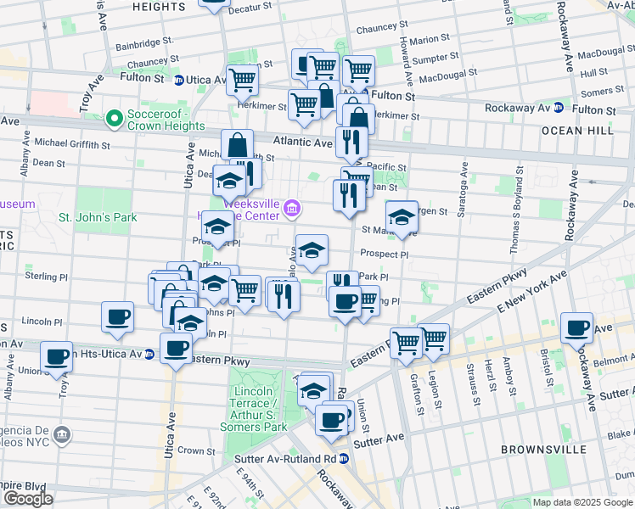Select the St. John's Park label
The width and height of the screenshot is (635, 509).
coord(98,218)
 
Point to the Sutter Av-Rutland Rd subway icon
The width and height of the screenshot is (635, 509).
coord(344,458)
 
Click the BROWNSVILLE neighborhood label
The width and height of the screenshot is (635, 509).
coord(555,449)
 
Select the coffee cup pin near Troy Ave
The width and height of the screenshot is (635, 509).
coord(57,356)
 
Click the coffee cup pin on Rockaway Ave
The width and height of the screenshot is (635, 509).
coord(578,327)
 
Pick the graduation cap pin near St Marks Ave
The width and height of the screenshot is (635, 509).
coord(402,217)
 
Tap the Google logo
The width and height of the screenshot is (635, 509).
coord(28,499)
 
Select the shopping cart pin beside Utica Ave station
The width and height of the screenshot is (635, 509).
coord(243,81)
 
